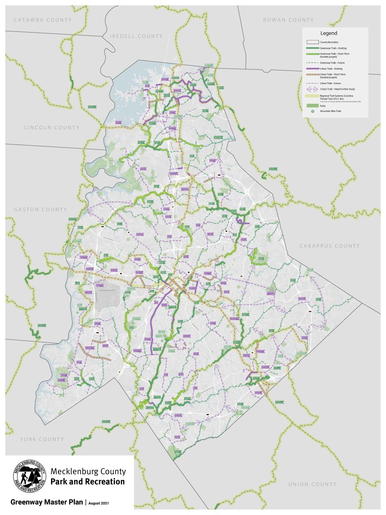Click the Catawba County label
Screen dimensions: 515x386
(x=42, y=20)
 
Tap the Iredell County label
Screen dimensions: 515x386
(x=136, y=36)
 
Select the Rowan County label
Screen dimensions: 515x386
(x=288, y=20)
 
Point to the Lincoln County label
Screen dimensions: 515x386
(x=52, y=127)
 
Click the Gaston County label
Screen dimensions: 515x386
(x=40, y=209)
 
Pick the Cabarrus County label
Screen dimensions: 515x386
(x=329, y=246)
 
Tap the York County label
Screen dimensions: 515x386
(x=42, y=439)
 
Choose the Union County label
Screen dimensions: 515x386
(x=312, y=484)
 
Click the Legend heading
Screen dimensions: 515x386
(x=329, y=33)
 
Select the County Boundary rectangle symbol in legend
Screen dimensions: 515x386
(x=312, y=42)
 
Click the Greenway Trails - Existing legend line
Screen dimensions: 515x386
(x=312, y=48)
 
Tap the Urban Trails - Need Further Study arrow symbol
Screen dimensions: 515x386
(x=312, y=89)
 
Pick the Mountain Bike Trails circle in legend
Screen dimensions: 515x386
(x=313, y=111)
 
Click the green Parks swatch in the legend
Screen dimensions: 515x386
(x=312, y=105)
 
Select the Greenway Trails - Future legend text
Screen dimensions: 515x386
(x=333, y=63)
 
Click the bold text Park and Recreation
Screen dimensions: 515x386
(x=87, y=482)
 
